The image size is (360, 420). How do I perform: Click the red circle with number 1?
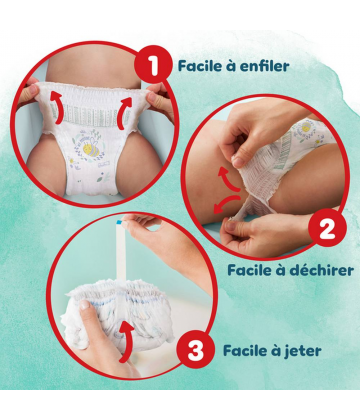pos(152,68)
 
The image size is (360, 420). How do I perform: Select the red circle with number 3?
pos(196,351)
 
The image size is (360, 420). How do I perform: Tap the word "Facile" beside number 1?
pos(200,67)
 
